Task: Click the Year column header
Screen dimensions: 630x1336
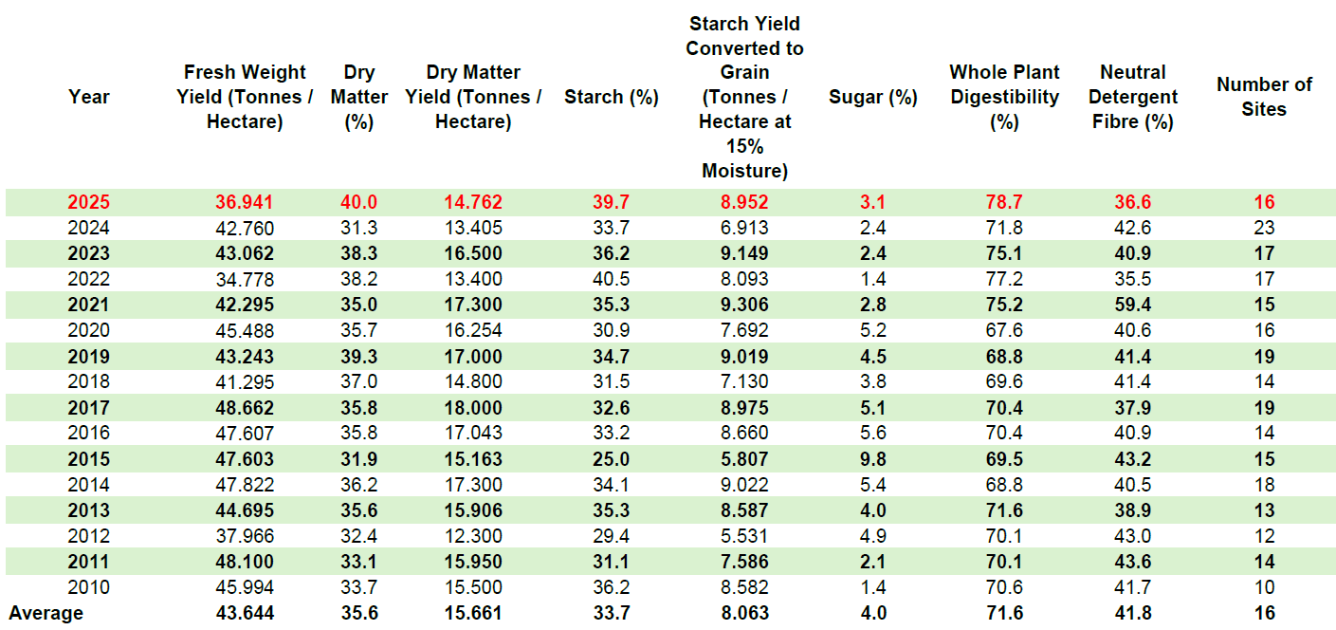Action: [88, 97]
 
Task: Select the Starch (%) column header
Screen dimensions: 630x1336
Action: [611, 97]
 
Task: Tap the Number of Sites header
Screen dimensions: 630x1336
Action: [1264, 97]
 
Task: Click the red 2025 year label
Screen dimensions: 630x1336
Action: [88, 202]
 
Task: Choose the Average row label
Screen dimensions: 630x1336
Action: [46, 613]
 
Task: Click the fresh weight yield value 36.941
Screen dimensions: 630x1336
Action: [245, 202]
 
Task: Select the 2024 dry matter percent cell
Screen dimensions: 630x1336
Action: [359, 228]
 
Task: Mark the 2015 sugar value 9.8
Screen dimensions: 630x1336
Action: [872, 458]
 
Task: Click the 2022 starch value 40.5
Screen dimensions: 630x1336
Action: [611, 279]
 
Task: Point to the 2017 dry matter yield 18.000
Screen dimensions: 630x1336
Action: [472, 407]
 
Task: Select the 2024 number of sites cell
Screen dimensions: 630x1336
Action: [1264, 228]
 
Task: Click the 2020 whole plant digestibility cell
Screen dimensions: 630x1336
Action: [1003, 330]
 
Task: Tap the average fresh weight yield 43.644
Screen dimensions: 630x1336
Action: [245, 613]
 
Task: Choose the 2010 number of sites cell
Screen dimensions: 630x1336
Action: [1264, 587]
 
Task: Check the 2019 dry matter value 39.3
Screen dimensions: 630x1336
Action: [359, 356]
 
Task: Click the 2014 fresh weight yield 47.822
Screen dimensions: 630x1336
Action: [245, 484]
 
